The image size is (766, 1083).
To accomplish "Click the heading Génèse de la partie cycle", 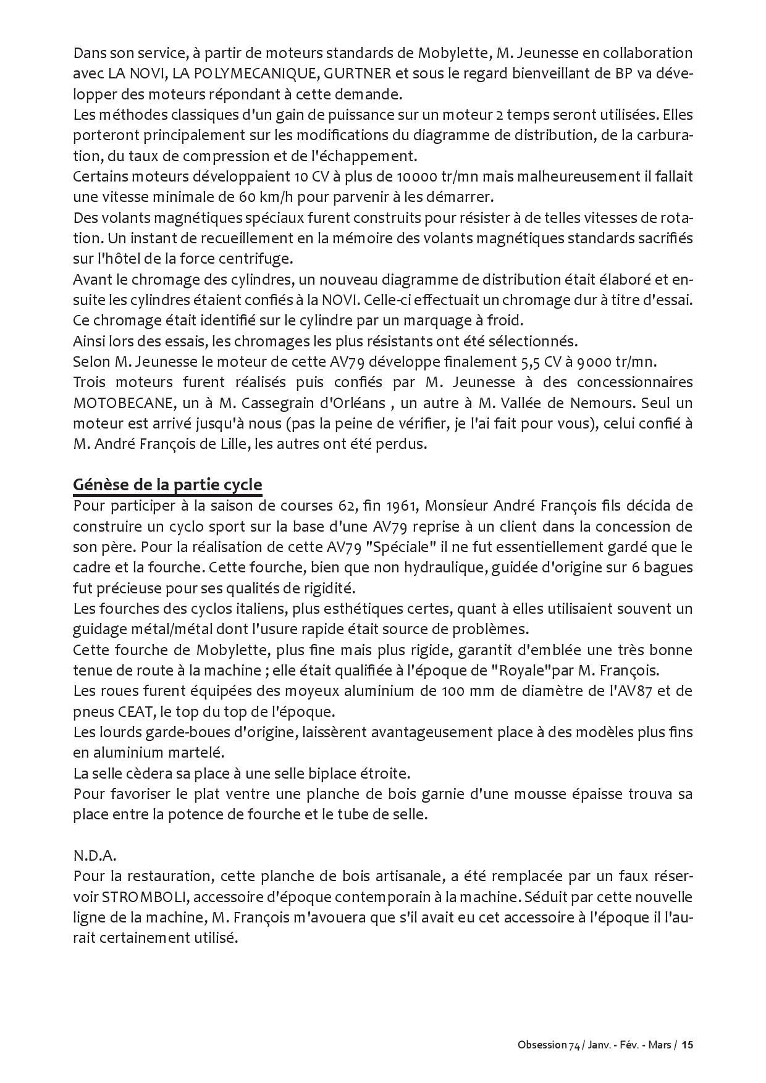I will tap(167, 485).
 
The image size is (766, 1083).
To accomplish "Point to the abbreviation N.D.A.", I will tap(95, 856).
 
